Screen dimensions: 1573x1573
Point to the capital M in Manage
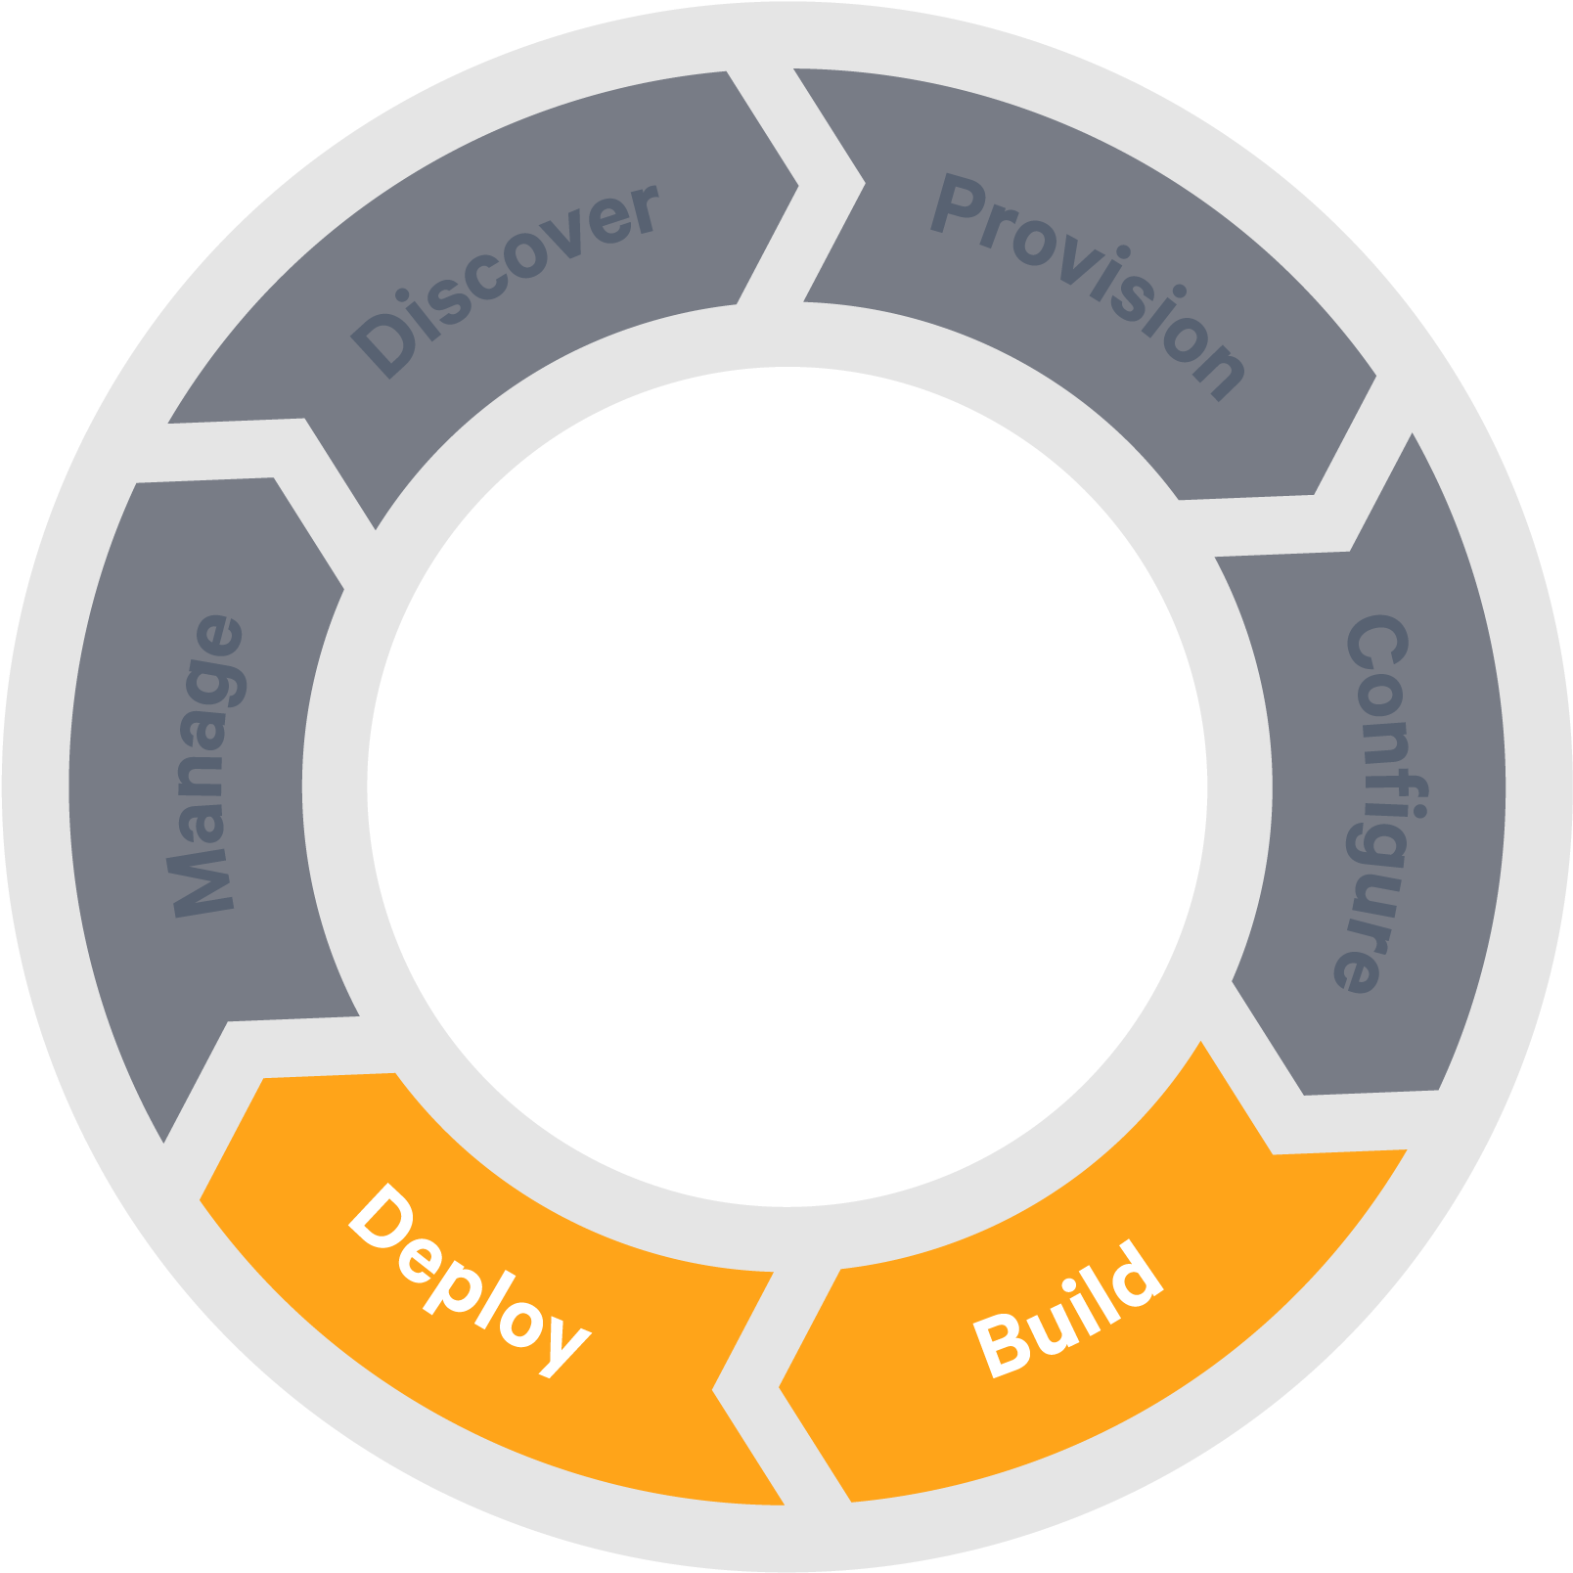tap(202, 885)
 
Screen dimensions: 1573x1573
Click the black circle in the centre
tap(786, 786)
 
